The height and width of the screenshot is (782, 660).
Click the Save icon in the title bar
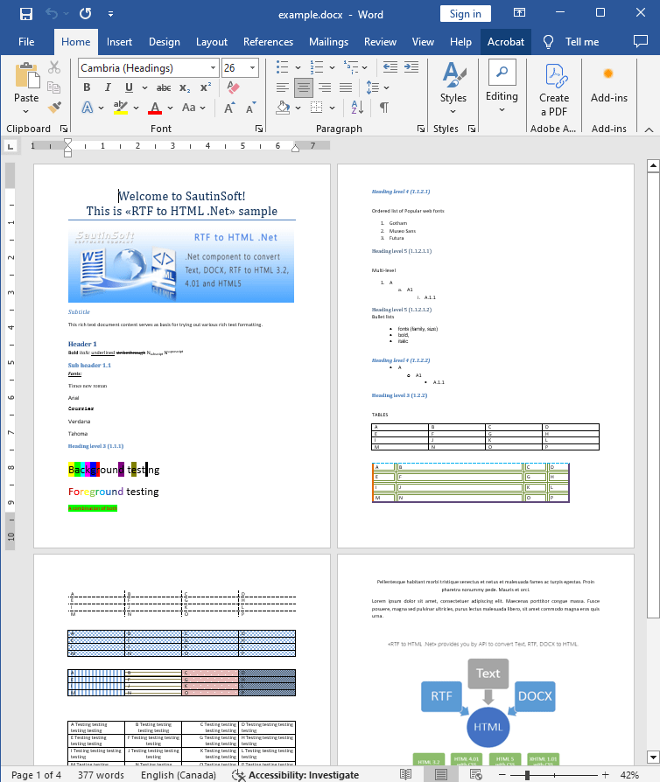[x=26, y=14]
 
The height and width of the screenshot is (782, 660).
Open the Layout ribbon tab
[x=212, y=42]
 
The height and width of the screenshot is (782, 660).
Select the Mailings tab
[x=328, y=42]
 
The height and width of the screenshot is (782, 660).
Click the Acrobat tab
[x=506, y=42]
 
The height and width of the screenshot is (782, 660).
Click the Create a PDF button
[x=553, y=89]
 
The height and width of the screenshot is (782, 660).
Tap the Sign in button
[x=465, y=14]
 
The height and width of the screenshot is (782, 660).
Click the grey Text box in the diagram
[x=488, y=673]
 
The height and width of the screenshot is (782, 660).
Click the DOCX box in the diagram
[x=535, y=696]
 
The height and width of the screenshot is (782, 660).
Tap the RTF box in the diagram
[x=440, y=696]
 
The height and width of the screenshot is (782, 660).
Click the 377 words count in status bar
[x=101, y=775]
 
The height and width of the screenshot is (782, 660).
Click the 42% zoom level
[x=629, y=775]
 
